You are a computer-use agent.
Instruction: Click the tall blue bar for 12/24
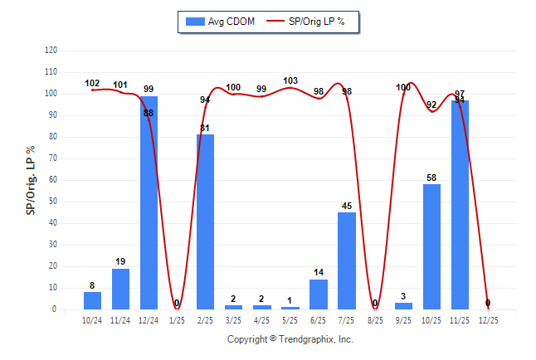[149, 203]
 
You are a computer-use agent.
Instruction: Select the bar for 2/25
[205, 221]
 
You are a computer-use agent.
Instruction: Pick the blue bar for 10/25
[431, 246]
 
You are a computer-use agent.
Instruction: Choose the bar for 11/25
[459, 205]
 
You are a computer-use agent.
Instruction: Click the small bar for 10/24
[92, 300]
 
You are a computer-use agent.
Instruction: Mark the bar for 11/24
[120, 289]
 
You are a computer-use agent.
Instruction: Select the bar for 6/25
[318, 294]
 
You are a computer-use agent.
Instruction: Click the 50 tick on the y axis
[53, 202]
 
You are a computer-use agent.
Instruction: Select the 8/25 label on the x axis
[374, 319]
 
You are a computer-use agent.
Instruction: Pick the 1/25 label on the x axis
[177, 319]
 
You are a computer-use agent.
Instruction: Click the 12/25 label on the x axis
[487, 319]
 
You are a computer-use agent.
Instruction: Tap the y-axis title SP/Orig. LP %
[31, 180]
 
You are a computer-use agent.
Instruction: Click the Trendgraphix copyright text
[290, 339]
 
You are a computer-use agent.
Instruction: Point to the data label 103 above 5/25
[290, 81]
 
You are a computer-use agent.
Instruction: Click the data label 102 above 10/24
[92, 83]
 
